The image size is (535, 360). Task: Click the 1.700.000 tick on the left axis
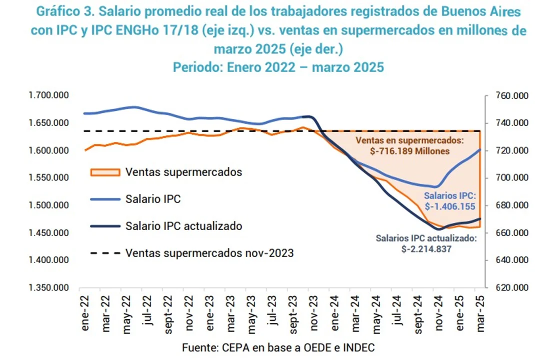point(49,95)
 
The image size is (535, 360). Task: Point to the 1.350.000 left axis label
point(49,288)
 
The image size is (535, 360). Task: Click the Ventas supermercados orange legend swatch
point(105,172)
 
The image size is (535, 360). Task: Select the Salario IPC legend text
point(153,199)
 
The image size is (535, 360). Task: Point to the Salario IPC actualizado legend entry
point(184,226)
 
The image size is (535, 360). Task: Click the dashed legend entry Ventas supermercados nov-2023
point(209,253)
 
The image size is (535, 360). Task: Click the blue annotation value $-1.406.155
point(449,205)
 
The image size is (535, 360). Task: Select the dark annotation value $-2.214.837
point(426,248)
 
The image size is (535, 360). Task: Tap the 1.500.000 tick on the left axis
point(49,205)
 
